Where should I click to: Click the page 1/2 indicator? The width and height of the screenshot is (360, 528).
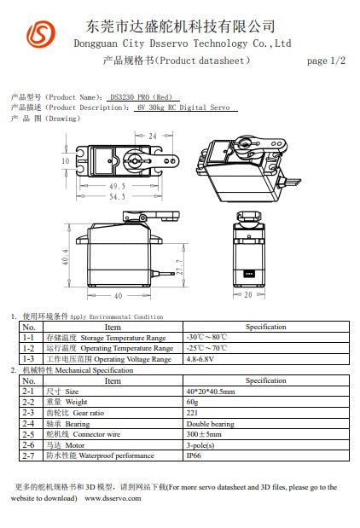(326, 61)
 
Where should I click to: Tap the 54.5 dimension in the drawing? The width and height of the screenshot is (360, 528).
(116, 196)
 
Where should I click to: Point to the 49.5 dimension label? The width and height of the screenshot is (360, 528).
(116, 185)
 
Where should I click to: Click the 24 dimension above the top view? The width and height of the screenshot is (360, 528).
(152, 136)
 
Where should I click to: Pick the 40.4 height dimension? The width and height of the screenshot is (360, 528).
(66, 256)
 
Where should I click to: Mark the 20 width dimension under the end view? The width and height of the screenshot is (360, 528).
(247, 295)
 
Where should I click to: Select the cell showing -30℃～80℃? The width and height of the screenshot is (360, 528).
(206, 338)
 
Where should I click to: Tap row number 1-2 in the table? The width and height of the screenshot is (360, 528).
(28, 349)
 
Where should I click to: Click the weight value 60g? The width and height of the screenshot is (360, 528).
(192, 402)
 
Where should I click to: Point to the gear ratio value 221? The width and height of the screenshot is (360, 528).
(192, 413)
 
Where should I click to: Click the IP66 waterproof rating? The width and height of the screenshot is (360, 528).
(194, 456)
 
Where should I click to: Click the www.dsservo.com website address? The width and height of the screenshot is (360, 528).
(113, 498)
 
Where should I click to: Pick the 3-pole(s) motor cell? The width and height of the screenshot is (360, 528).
(200, 445)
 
